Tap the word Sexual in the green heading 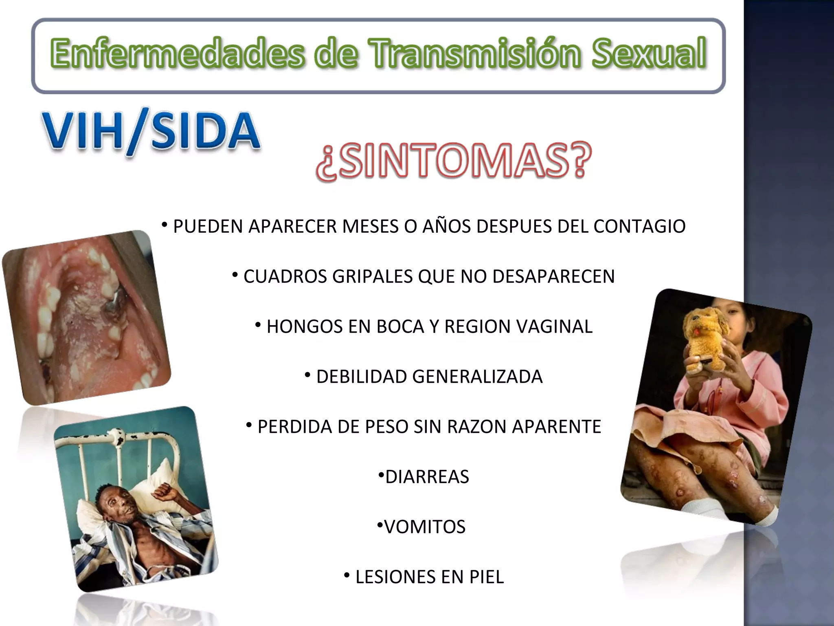coord(649,53)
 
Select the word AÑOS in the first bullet coord(447,227)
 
